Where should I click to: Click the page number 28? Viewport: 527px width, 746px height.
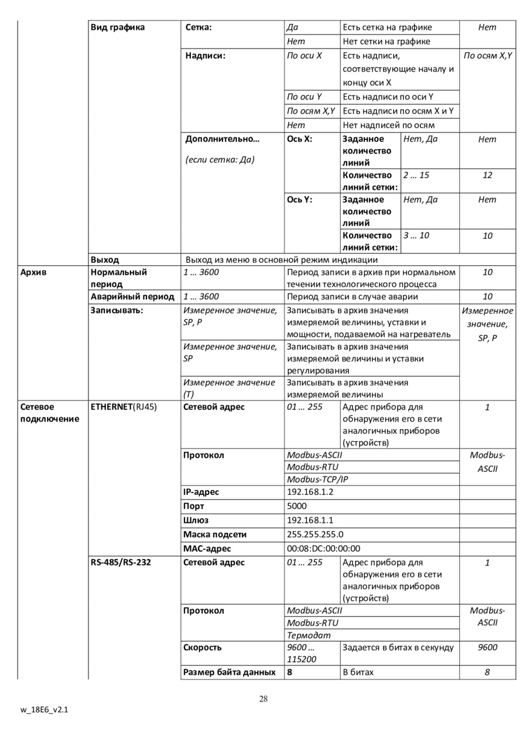(263, 698)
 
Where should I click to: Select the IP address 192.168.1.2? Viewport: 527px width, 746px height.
(310, 492)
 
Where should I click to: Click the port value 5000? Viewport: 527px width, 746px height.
(296, 506)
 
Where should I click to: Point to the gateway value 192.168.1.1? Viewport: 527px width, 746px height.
(310, 520)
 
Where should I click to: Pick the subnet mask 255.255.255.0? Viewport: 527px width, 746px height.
(315, 534)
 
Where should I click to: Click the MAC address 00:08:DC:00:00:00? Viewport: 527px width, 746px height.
(323, 549)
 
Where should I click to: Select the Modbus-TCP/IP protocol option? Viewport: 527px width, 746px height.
(317, 479)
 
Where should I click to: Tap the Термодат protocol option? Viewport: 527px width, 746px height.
(309, 635)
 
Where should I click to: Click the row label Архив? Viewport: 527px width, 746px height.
(33, 272)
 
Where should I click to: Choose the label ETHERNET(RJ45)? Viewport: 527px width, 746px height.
(124, 407)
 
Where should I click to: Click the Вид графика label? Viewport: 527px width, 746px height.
(117, 28)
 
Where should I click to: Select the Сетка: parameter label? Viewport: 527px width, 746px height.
(199, 28)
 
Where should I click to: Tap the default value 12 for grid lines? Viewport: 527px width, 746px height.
(487, 175)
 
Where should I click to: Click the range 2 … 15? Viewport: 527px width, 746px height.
(416, 175)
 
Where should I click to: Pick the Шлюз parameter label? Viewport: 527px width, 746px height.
(196, 520)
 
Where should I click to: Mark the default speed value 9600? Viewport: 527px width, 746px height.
(487, 647)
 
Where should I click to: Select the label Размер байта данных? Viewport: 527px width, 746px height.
(230, 672)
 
